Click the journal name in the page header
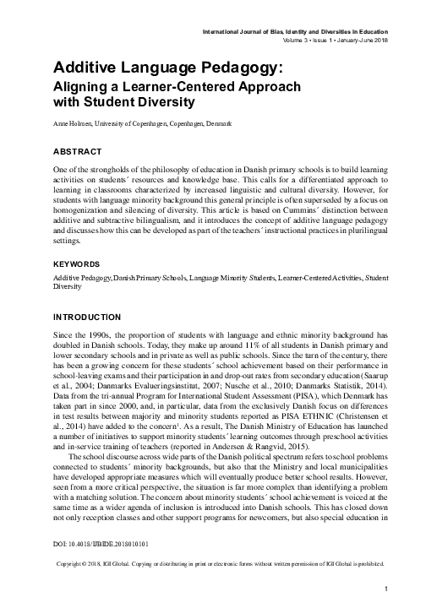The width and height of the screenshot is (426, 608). click(295, 30)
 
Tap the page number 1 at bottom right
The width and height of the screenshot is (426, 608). click(385, 588)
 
